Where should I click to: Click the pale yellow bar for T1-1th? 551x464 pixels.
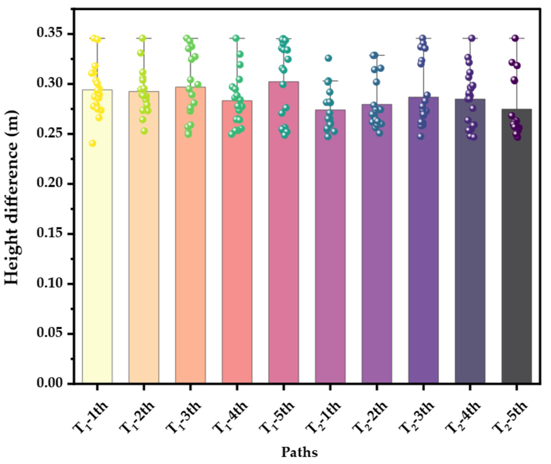[x=97, y=241]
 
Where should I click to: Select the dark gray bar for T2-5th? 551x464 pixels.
[x=516, y=248]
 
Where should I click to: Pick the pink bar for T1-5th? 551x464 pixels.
[x=284, y=234]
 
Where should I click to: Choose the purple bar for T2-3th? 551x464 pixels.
[x=423, y=241]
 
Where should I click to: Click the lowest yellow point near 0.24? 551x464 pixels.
[x=93, y=143]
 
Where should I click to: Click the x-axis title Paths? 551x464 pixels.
[x=299, y=452]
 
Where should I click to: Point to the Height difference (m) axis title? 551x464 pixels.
[x=12, y=198]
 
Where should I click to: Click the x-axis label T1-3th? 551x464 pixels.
[x=184, y=417]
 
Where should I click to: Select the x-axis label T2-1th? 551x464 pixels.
[x=323, y=417]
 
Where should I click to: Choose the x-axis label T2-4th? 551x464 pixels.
[x=463, y=417]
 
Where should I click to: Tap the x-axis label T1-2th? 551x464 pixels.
[x=137, y=417]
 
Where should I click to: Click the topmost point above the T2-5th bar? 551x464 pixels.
[x=515, y=38]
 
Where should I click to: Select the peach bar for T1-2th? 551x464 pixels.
[x=144, y=241]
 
